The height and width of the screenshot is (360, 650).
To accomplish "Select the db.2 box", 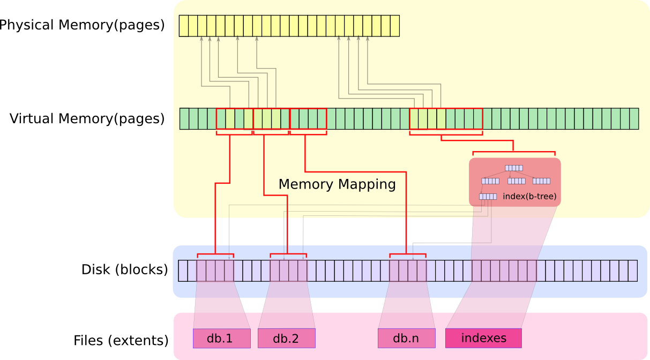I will pyautogui.click(x=286, y=339).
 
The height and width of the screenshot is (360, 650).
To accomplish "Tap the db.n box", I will pyautogui.click(x=406, y=339).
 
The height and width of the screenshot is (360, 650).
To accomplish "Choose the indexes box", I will pyautogui.click(x=483, y=338).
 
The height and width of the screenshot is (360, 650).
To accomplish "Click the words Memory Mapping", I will pyautogui.click(x=337, y=184).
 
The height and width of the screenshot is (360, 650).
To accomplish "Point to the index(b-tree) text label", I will pyautogui.click(x=529, y=197).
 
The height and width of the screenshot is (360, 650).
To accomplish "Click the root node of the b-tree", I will pyautogui.click(x=514, y=168).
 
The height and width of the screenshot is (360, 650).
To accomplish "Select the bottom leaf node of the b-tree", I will pyautogui.click(x=488, y=197).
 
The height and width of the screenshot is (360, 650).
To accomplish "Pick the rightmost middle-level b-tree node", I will pyautogui.click(x=541, y=181).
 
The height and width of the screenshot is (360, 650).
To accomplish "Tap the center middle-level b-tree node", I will pyautogui.click(x=517, y=181).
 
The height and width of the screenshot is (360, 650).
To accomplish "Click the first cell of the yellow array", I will pyautogui.click(x=184, y=26).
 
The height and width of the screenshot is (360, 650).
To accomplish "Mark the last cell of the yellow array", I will pyautogui.click(x=395, y=26).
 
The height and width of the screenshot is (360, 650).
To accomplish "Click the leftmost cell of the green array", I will pyautogui.click(x=184, y=119).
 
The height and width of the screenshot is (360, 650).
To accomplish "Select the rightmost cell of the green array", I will pyautogui.click(x=634, y=119).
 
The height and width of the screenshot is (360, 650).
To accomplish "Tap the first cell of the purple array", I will pyautogui.click(x=183, y=271).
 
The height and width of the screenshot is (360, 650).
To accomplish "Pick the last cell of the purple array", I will pyautogui.click(x=633, y=271).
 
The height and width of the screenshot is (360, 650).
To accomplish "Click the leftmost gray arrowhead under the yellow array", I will pyautogui.click(x=201, y=39).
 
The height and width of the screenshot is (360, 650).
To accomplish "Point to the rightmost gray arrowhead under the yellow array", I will pyautogui.click(x=367, y=39).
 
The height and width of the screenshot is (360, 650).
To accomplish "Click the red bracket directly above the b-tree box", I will pyautogui.click(x=513, y=152).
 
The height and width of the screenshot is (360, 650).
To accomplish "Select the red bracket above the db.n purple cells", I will pyautogui.click(x=407, y=254).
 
